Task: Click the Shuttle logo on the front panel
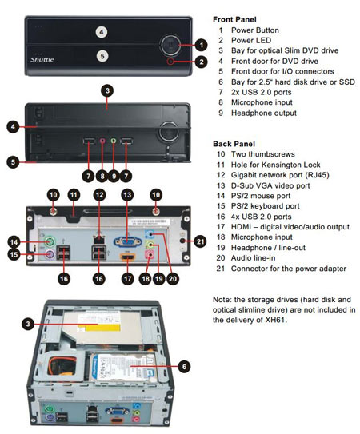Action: pyautogui.click(x=42, y=59)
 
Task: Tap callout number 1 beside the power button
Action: pyautogui.click(x=202, y=45)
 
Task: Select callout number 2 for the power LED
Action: pyautogui.click(x=202, y=62)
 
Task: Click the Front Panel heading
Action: pyautogui.click(x=234, y=19)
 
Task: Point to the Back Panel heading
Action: pyautogui.click(x=234, y=144)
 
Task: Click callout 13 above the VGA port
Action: pyautogui.click(x=127, y=195)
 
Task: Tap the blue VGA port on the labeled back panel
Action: pyautogui.click(x=127, y=241)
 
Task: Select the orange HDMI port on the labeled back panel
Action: pyautogui.click(x=127, y=257)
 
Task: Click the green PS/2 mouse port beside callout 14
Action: pyautogui.click(x=50, y=241)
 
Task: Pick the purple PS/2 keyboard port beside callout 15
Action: pyautogui.click(x=49, y=253)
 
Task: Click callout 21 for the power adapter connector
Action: pyautogui.click(x=200, y=242)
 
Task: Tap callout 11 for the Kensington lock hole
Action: pyautogui.click(x=74, y=195)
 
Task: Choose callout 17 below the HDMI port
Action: pyautogui.click(x=127, y=278)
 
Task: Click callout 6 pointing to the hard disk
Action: pyautogui.click(x=184, y=367)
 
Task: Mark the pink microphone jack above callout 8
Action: pyautogui.click(x=102, y=141)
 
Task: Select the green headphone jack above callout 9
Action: pyautogui.click(x=114, y=141)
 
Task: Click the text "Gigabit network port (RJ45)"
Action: pyautogui.click(x=280, y=175)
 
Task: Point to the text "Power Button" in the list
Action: pyautogui.click(x=255, y=30)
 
